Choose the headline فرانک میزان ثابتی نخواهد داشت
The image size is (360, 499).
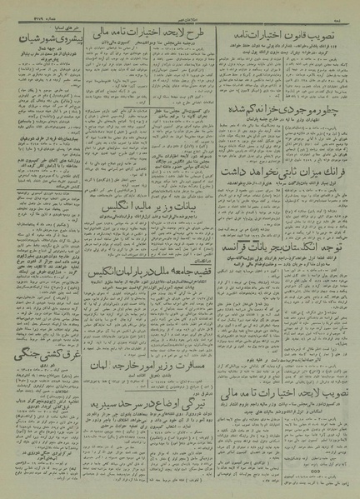click(x=283, y=193)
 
